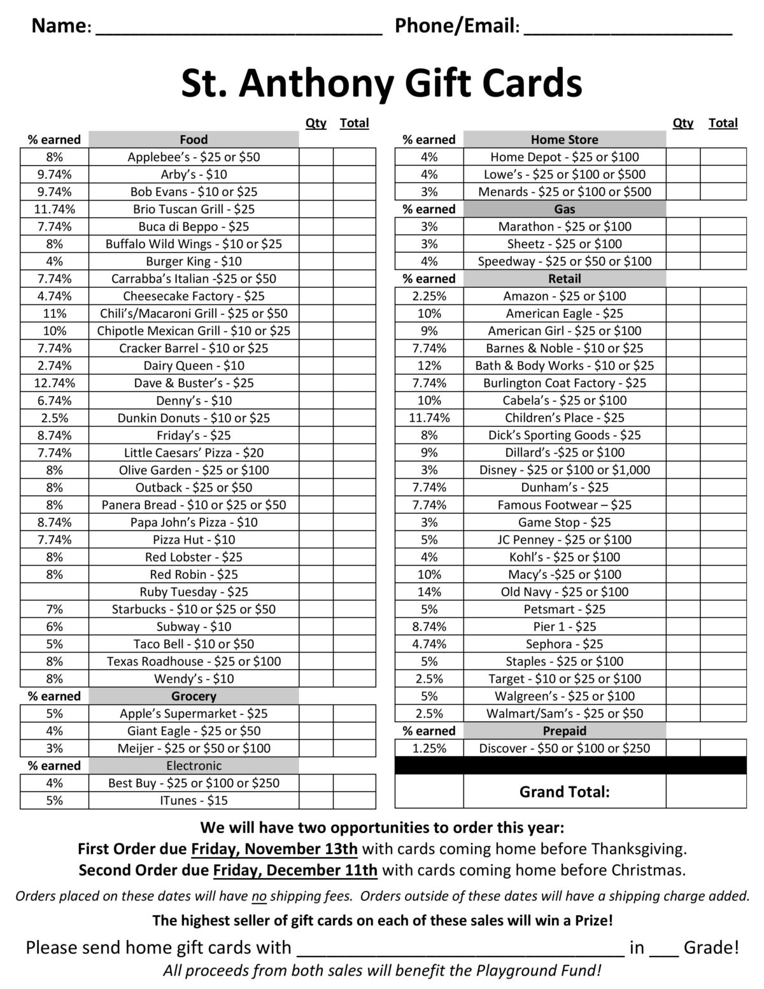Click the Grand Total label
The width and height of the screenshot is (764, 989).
point(564,792)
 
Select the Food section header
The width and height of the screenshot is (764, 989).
point(194,139)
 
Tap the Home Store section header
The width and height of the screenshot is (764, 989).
point(564,139)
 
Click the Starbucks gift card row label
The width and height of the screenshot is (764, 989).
point(194,609)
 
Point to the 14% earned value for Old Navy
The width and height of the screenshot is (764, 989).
point(429,592)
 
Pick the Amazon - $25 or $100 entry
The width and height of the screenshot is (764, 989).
point(564,296)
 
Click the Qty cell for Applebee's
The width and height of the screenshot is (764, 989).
point(316,157)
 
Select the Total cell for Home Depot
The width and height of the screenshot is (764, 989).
point(723,157)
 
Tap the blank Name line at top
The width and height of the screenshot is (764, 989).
point(238,29)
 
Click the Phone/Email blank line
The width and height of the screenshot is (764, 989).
point(627,29)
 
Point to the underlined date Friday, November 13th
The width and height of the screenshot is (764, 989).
point(274,849)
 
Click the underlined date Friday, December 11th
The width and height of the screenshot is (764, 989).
point(295,870)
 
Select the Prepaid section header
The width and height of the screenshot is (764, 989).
point(564,731)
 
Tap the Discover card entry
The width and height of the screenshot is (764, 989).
point(564,748)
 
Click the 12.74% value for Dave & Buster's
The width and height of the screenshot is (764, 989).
point(55,383)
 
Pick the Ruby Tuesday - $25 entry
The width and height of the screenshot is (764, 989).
point(194,592)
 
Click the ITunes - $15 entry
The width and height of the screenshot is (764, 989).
point(194,800)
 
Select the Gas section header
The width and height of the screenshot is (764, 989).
point(564,209)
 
